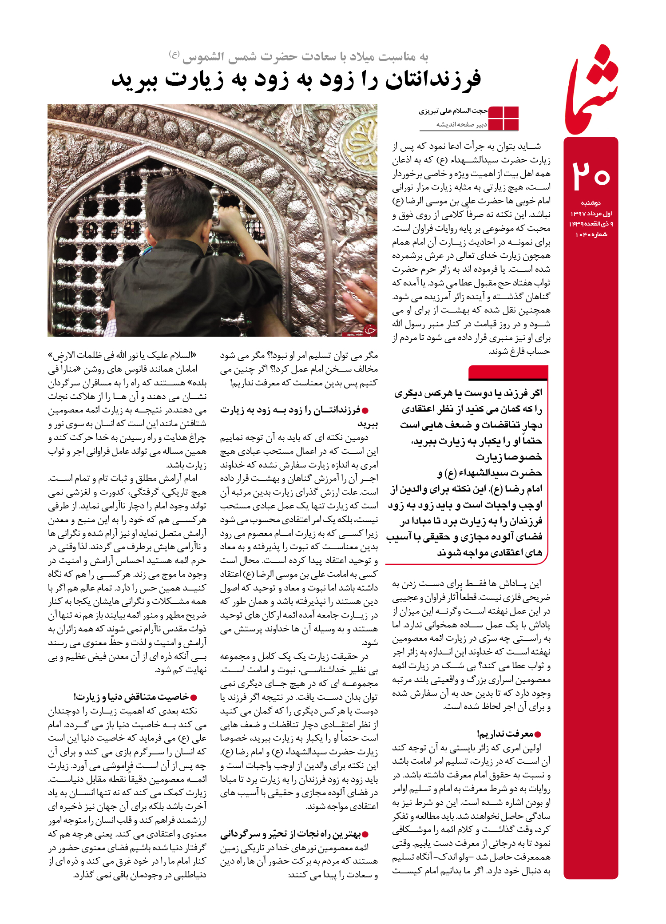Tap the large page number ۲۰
(x=591, y=175)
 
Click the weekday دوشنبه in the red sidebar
(x=591, y=203)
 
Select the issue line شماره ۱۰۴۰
(x=591, y=234)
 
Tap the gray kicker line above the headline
(x=298, y=57)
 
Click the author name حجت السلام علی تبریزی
(x=453, y=111)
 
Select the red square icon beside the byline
(x=503, y=119)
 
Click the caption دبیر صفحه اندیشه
(x=462, y=125)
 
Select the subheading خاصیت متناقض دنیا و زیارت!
(x=131, y=697)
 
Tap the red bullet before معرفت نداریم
(x=538, y=734)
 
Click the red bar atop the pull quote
(x=508, y=372)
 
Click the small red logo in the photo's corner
(x=369, y=329)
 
